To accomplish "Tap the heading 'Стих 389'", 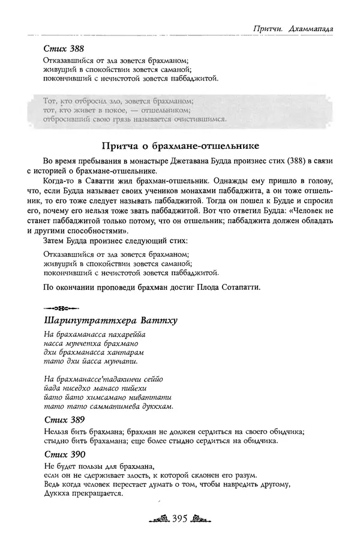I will tap(64, 419).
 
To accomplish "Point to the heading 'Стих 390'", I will tap(64, 454).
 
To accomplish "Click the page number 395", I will tap(180, 517).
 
